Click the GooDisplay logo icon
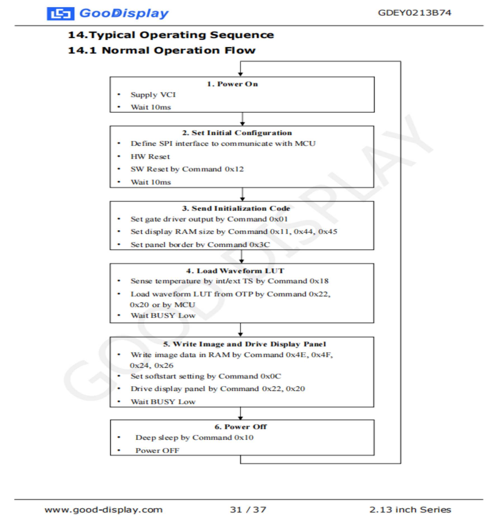pos(60,14)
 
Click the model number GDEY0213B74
pos(414,13)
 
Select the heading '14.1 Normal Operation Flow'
pos(162,51)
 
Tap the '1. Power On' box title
pos(232,84)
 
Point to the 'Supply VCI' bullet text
pos(153,95)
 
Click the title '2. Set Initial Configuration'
pos(237,133)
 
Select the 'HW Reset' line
pos(150,157)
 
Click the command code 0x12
pos(234,169)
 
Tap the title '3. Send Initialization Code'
pos(236,208)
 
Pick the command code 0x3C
pos(259,245)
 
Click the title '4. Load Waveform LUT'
pos(235,271)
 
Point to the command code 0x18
pos(319,281)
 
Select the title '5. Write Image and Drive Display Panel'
pos(244,344)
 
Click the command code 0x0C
pos(271,376)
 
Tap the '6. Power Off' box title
pos(240,427)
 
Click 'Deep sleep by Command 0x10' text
pos(194,438)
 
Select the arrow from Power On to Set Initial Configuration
pos(242,119)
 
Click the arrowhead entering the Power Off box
pos(240,418)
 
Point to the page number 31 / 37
pos(248,510)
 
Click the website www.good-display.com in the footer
pos(103,510)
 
